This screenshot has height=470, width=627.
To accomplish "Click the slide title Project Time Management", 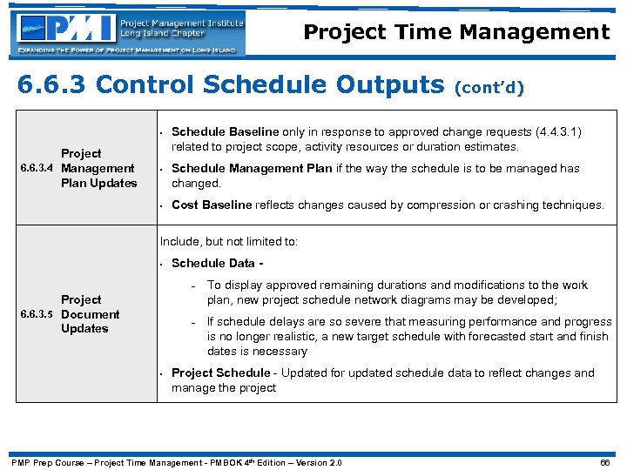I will [456, 33].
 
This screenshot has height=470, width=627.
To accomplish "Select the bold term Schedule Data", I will [213, 263].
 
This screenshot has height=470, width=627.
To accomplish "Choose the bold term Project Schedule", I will [220, 373].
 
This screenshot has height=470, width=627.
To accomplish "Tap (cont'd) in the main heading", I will [489, 87].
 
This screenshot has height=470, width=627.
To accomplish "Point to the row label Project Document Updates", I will [90, 314].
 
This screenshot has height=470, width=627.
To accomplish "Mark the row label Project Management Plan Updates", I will [98, 169].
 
